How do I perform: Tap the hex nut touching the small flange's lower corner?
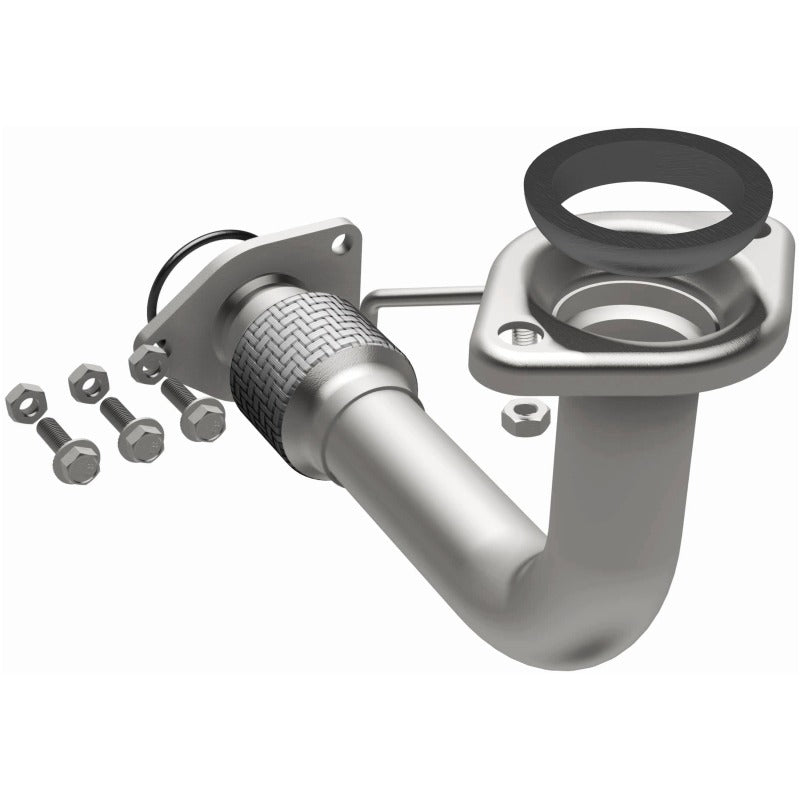tap(148, 362)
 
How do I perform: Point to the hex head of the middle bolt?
tap(141, 437)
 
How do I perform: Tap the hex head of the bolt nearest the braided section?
tap(203, 418)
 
